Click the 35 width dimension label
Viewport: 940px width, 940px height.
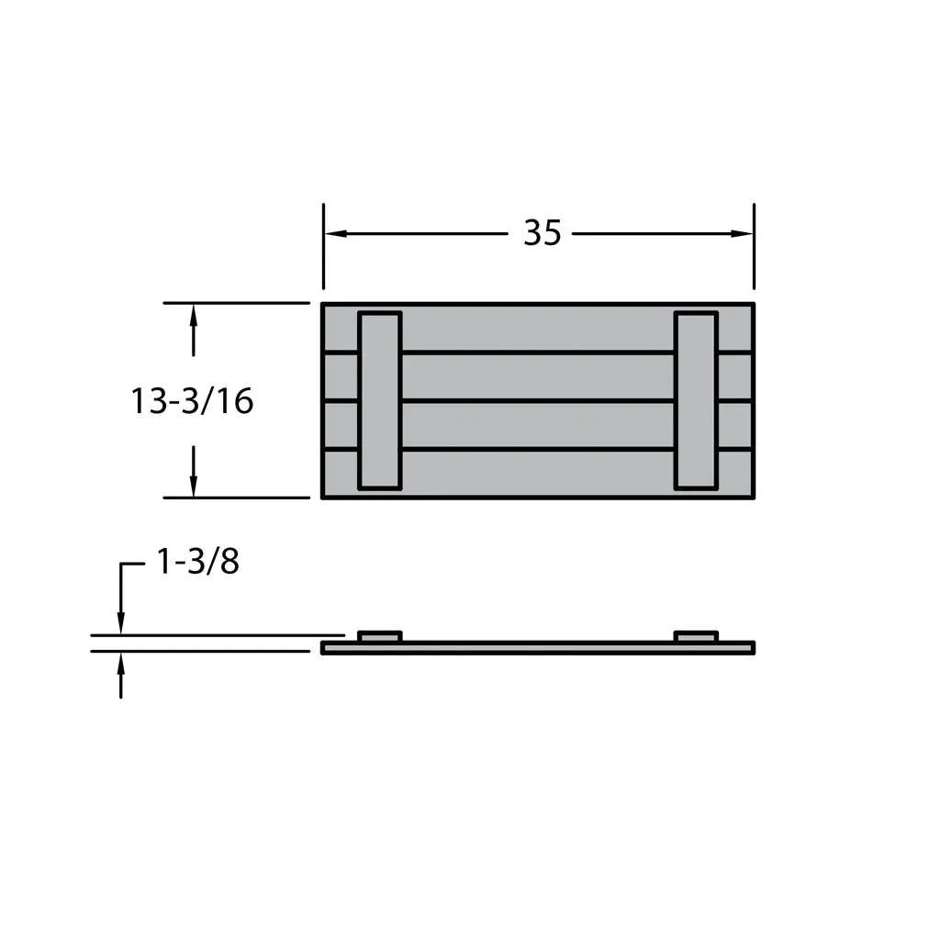click(x=543, y=232)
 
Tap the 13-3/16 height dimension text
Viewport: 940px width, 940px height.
click(x=192, y=401)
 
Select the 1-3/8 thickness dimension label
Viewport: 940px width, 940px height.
click(x=198, y=562)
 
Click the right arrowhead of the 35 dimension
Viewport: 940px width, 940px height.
click(x=742, y=233)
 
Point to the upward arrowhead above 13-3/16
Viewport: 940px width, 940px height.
click(x=193, y=316)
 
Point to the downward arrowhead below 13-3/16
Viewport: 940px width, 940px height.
click(x=193, y=486)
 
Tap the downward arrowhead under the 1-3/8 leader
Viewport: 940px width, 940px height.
click(x=121, y=623)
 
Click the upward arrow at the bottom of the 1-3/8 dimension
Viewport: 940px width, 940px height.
click(x=121, y=676)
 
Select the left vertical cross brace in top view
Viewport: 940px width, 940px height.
click(x=379, y=400)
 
